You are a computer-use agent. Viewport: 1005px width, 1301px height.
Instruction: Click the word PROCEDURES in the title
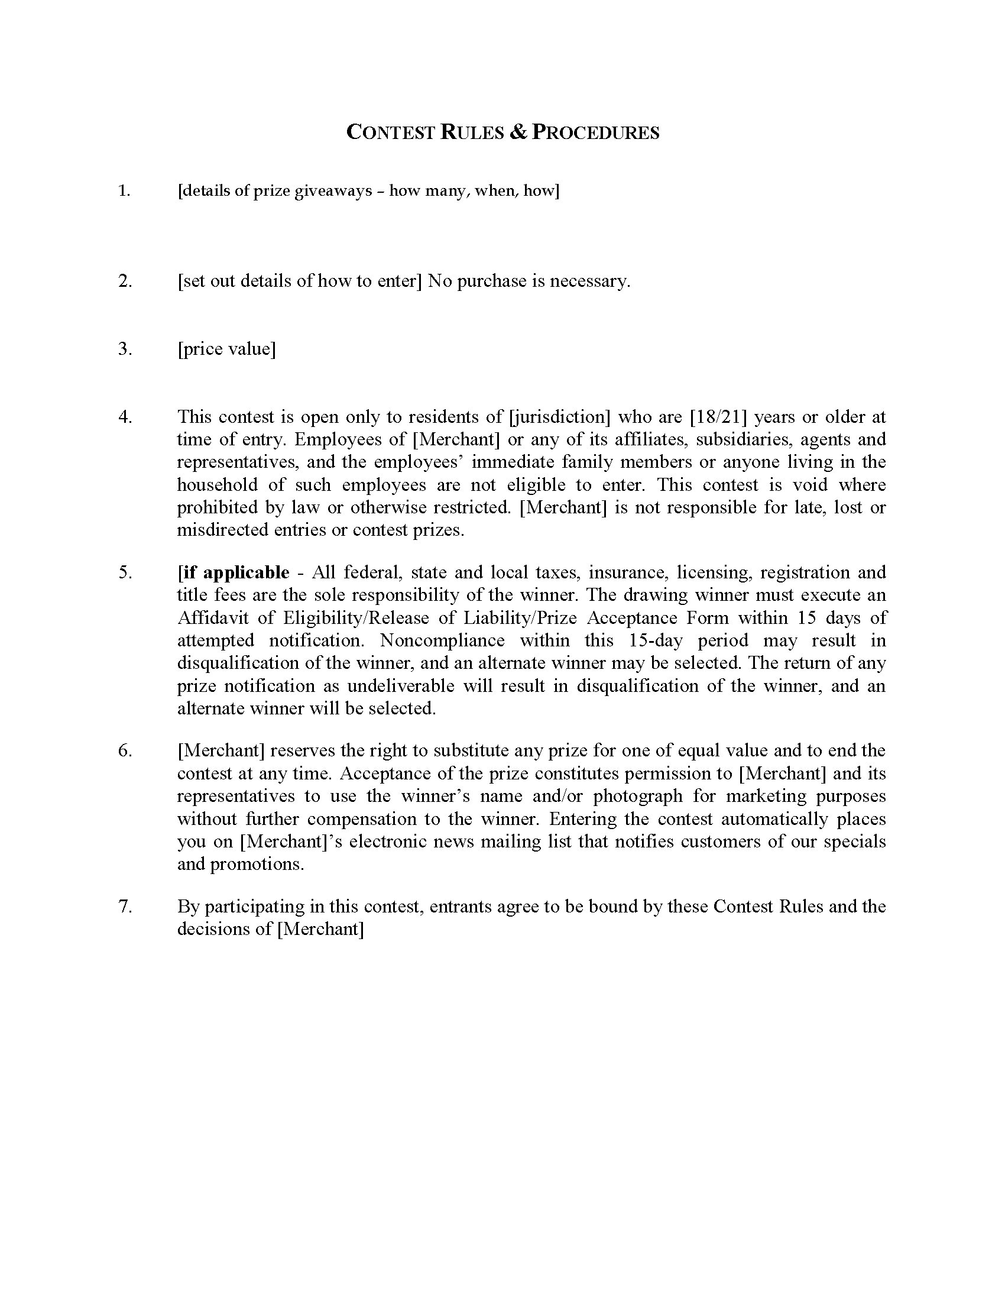(595, 132)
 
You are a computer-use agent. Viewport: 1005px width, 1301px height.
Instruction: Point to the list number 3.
(124, 348)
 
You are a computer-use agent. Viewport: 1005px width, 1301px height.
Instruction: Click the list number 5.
(124, 572)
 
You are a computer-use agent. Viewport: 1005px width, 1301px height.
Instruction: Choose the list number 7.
(124, 906)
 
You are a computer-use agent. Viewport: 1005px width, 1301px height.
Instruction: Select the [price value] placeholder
(226, 348)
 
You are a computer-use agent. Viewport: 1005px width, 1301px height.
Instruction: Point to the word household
(218, 484)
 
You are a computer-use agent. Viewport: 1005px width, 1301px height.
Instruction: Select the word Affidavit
(218, 618)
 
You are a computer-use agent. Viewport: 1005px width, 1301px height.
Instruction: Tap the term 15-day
(655, 640)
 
